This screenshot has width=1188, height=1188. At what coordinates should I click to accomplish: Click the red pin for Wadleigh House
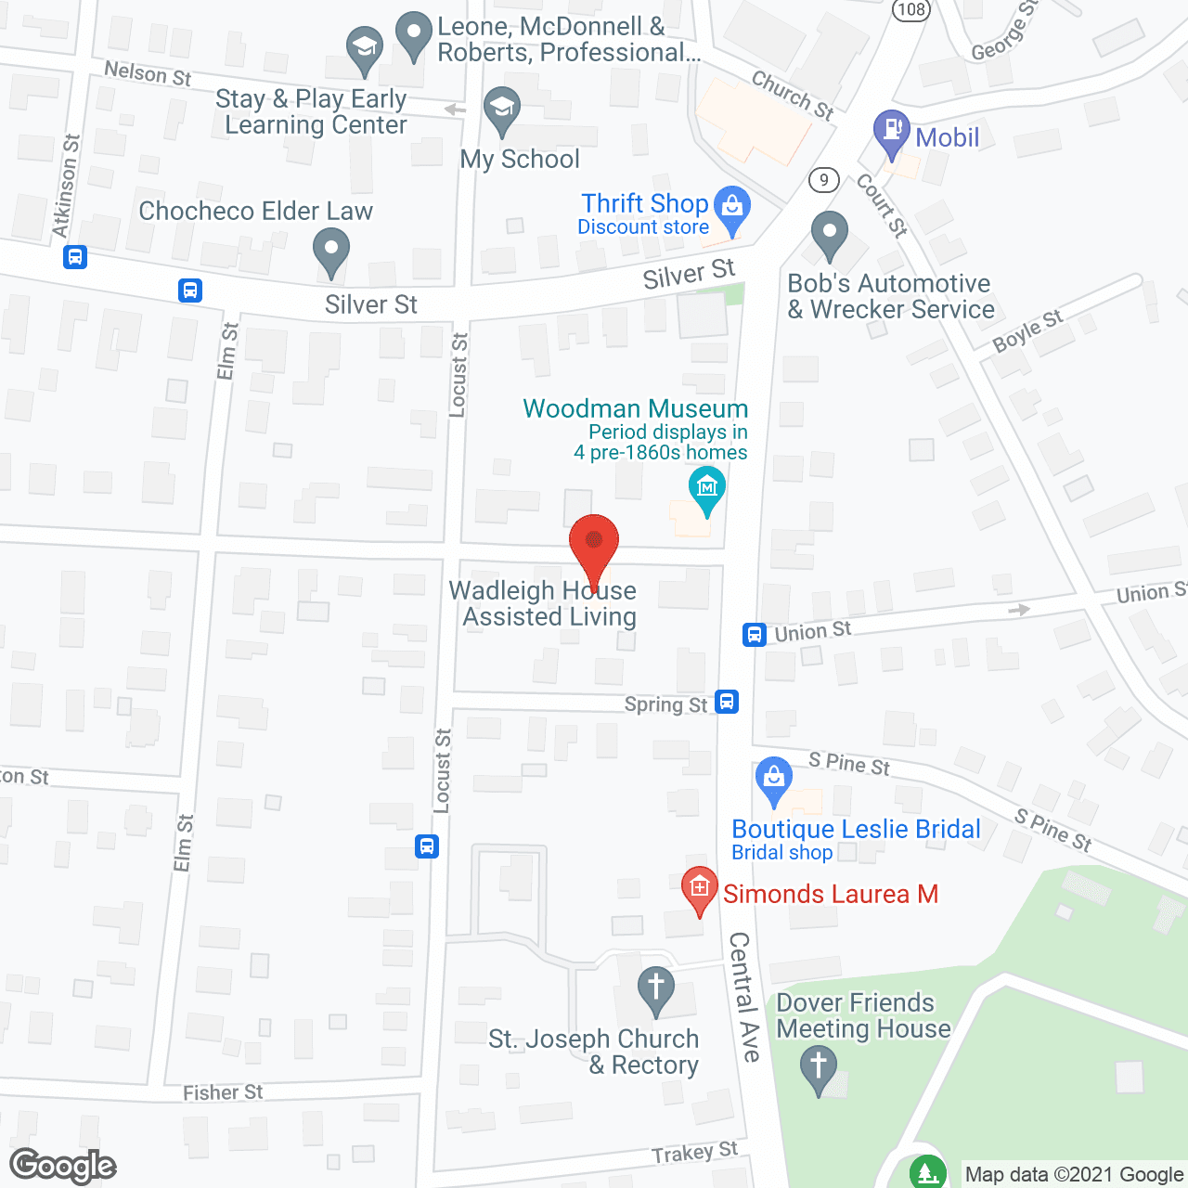pos(594,543)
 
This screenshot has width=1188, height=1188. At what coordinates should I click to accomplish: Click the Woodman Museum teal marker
pos(707,487)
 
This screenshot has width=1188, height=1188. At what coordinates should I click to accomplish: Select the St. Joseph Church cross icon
pos(656,987)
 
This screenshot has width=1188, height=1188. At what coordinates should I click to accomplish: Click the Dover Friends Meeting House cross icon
pos(818,1065)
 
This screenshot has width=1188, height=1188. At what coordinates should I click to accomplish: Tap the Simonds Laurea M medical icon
pos(699,888)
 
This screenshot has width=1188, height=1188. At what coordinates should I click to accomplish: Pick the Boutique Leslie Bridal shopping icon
pos(773,777)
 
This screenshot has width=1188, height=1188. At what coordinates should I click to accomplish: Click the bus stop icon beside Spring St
pos(727,702)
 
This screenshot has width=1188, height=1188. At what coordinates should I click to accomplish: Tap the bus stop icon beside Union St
pos(754,635)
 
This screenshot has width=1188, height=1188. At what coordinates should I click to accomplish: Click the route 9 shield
pos(823,179)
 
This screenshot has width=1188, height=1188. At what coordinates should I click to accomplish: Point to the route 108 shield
pos(910,9)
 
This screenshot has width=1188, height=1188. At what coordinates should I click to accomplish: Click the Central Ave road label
pos(744,997)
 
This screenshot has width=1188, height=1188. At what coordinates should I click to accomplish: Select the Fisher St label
pos(223,1092)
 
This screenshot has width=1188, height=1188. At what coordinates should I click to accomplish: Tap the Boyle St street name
pos(1027,330)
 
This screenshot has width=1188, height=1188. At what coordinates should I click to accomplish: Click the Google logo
pos(63,1166)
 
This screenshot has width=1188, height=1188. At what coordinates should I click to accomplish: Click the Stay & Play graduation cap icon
pos(365,47)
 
